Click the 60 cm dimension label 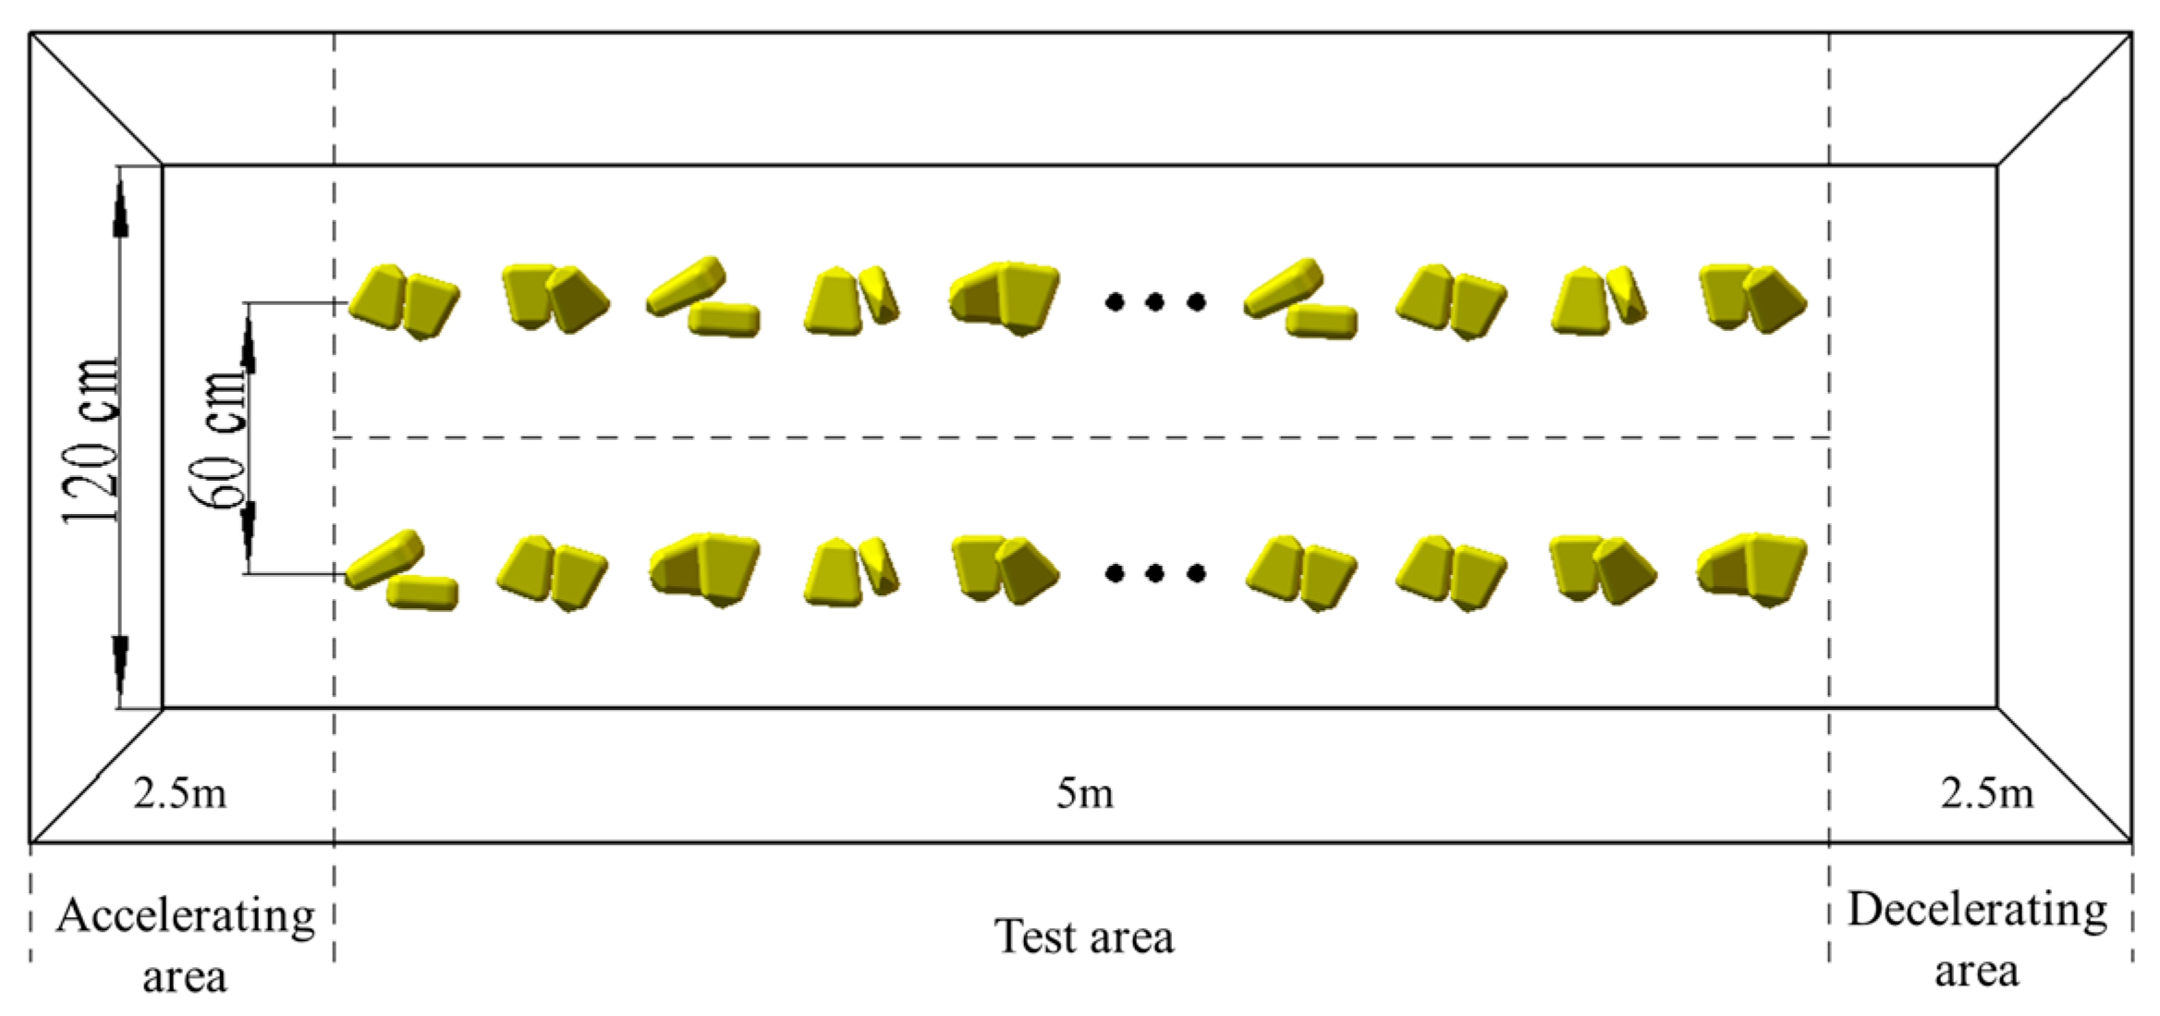[220, 439]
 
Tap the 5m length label [1084, 794]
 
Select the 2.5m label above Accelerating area [179, 794]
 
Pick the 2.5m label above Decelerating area [1986, 794]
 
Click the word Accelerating [185, 915]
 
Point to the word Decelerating [1977, 911]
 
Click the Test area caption [1083, 936]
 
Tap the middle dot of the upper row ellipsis [1154, 301]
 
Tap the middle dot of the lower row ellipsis [1154, 574]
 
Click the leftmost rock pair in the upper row [404, 300]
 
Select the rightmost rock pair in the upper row [1752, 298]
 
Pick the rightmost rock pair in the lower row [1751, 568]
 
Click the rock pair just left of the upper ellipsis [1005, 297]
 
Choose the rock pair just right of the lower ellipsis [1301, 572]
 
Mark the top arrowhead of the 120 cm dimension [120, 208]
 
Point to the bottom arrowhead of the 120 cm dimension [120, 666]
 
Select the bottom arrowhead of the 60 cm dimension [248, 532]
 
